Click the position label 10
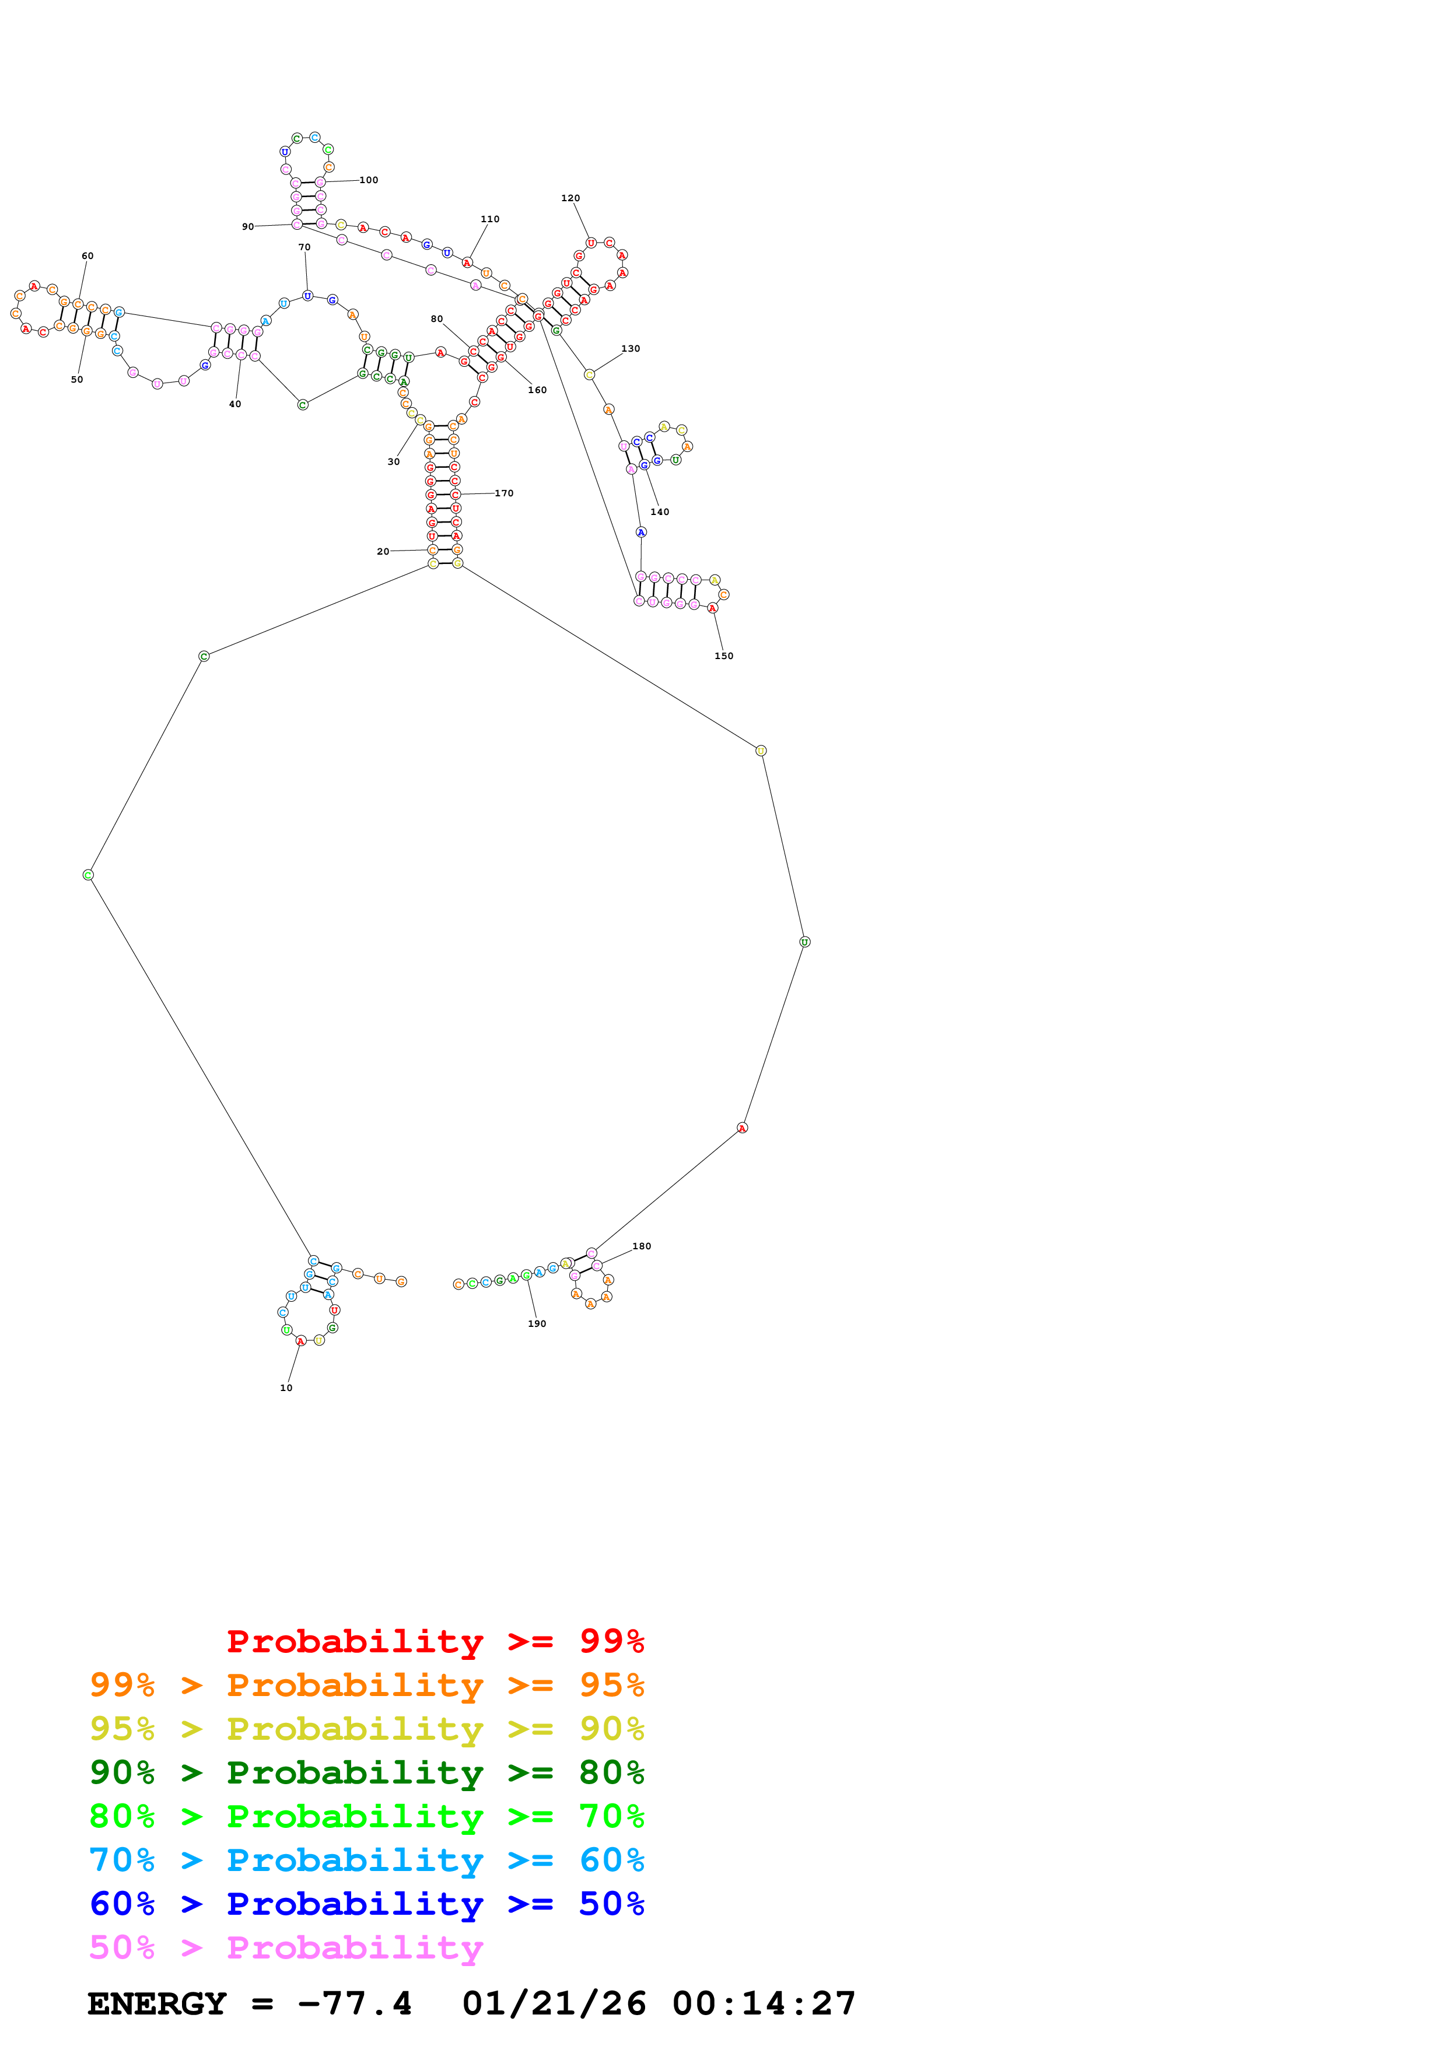click(x=286, y=1388)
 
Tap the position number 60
click(x=87, y=255)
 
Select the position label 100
click(x=369, y=180)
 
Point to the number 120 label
click(x=570, y=198)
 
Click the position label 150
click(x=723, y=656)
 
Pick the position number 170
click(x=505, y=493)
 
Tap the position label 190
click(x=537, y=1323)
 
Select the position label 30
click(x=393, y=461)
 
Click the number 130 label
click(x=631, y=348)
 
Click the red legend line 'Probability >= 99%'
click(x=435, y=1641)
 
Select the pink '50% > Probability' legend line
click(x=285, y=1948)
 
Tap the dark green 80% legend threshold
click(x=611, y=1772)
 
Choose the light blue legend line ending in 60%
click(x=366, y=1860)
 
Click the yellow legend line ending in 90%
click(x=366, y=1729)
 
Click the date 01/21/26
click(x=554, y=2004)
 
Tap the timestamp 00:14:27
click(x=764, y=2004)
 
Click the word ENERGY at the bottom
click(x=157, y=2004)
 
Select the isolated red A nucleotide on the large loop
click(x=742, y=1128)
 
